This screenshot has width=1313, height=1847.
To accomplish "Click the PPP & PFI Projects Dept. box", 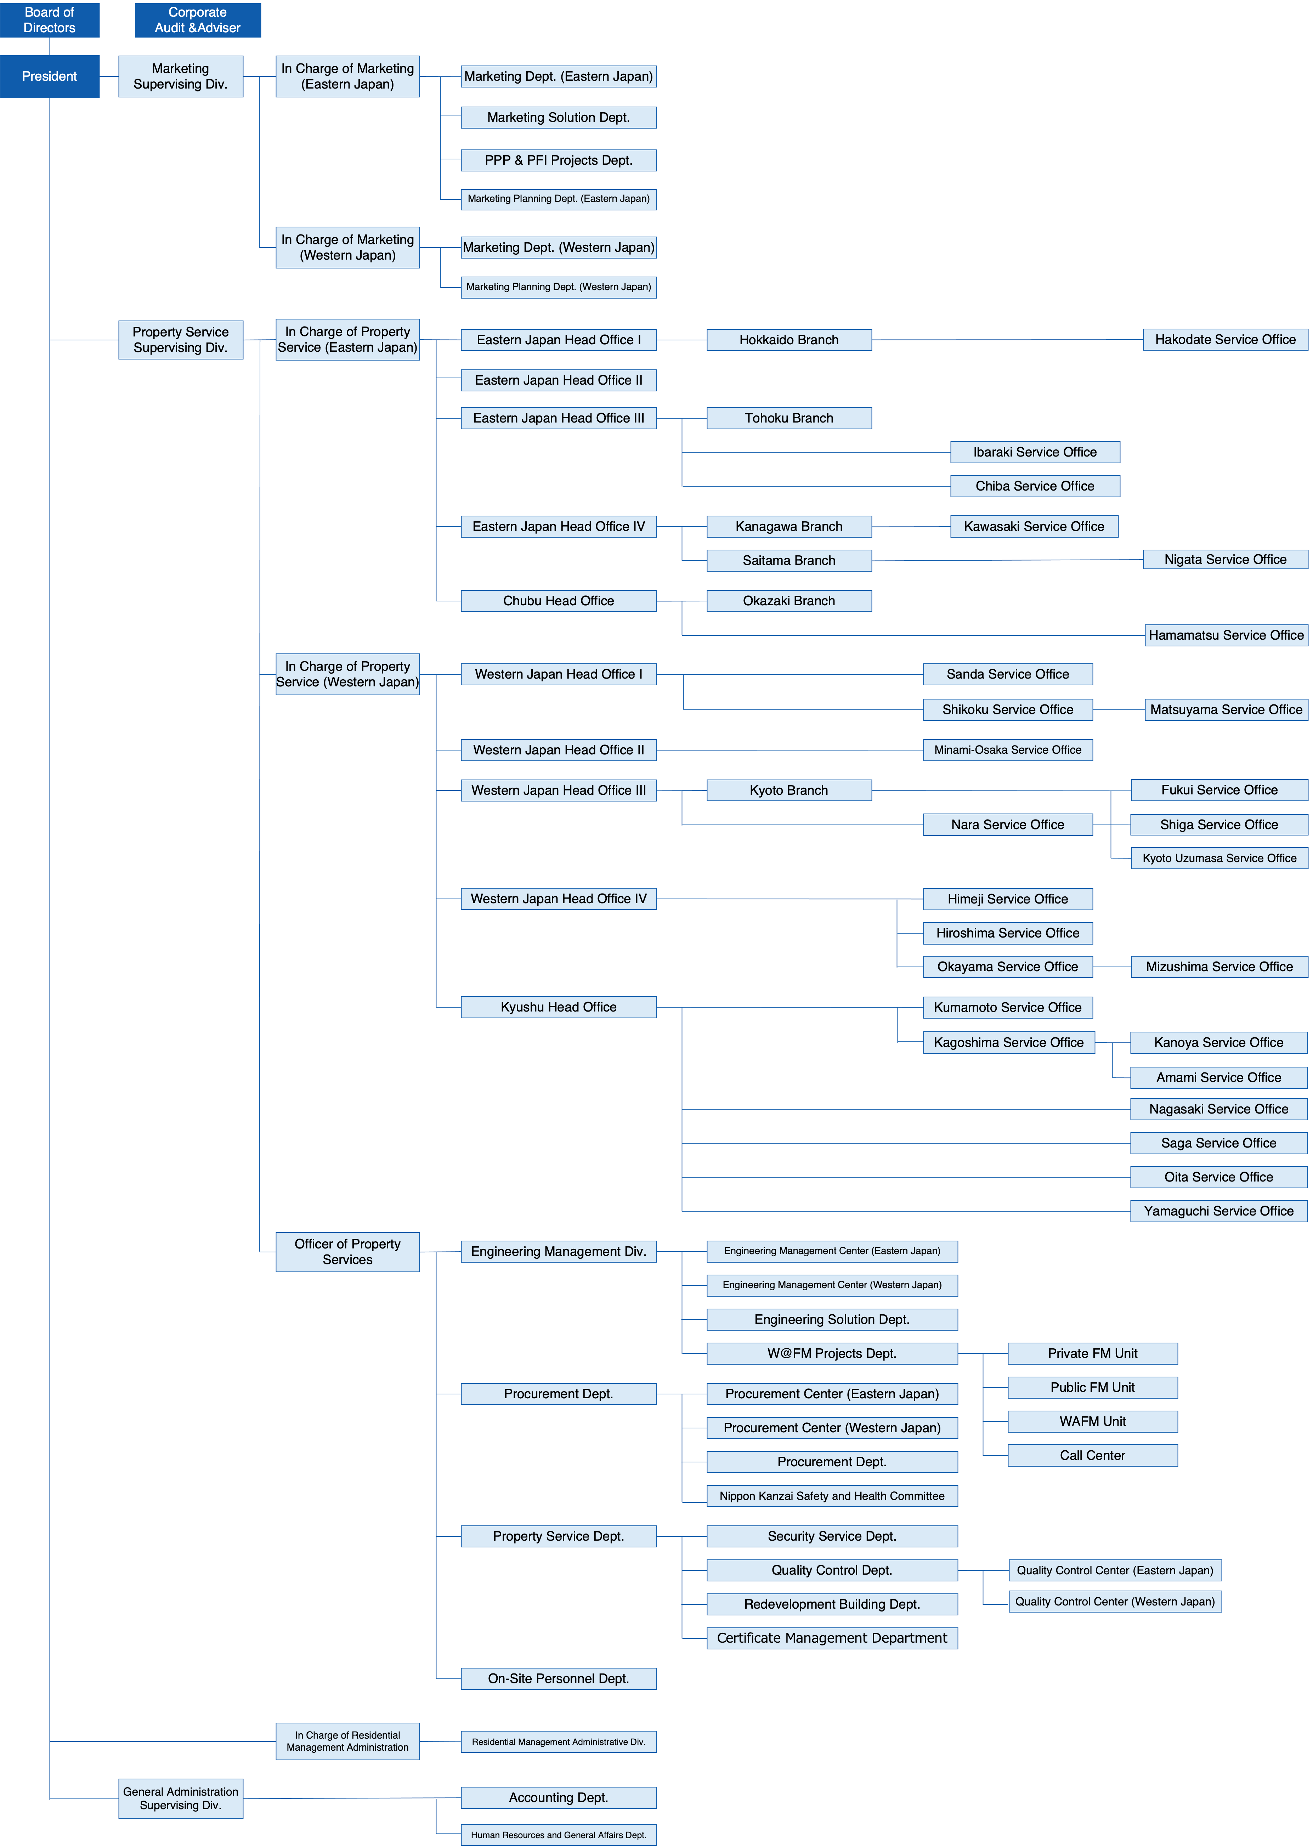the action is pos(559,160).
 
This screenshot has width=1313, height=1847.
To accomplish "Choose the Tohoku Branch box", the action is pos(789,418).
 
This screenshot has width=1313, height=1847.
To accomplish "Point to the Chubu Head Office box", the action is pos(559,601).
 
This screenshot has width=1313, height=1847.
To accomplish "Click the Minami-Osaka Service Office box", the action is pos(1007,750).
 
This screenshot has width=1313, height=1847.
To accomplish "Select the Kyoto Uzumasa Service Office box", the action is pos(1219,859).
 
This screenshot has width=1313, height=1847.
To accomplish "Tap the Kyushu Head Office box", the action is pos(559,1007).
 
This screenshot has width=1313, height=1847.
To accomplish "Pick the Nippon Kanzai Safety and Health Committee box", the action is pos(832,1496).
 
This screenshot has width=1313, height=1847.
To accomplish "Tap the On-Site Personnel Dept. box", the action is pos(559,1679).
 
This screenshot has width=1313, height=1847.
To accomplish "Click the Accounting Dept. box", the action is pos(559,1798).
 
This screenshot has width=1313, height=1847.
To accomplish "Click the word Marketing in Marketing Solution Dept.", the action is pos(517,117).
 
